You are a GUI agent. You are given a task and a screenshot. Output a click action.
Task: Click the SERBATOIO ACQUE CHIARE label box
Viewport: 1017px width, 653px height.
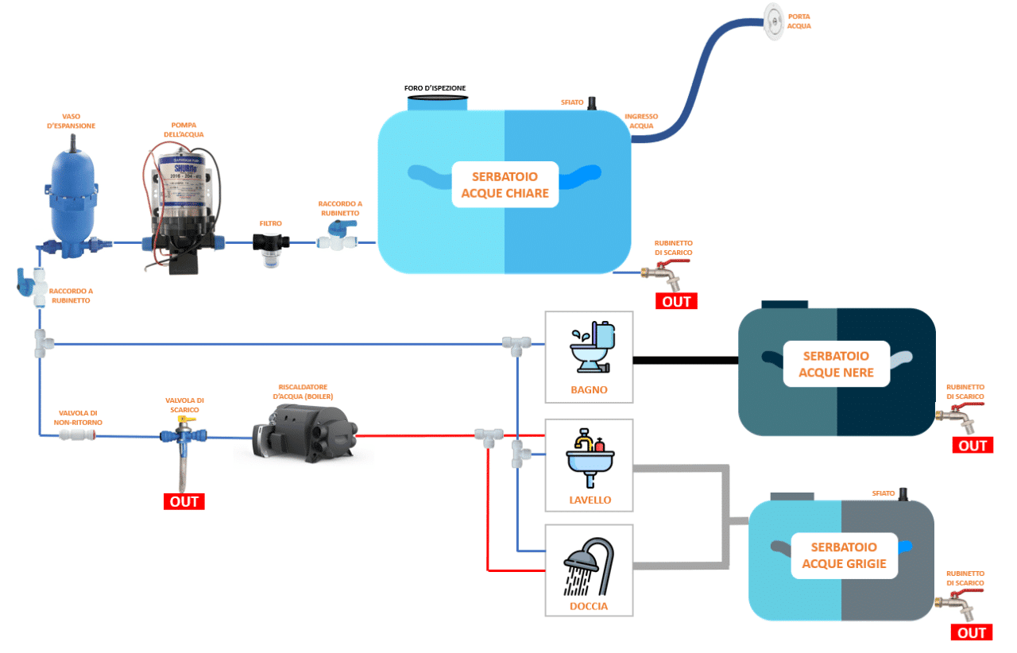[x=505, y=184]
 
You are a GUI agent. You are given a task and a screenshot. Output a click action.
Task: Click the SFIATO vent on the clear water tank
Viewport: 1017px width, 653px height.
[x=592, y=104]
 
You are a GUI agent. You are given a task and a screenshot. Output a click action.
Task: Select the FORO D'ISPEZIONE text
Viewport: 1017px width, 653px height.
[x=435, y=87]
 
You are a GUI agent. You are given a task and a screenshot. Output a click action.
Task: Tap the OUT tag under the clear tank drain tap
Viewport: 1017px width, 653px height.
[x=675, y=301]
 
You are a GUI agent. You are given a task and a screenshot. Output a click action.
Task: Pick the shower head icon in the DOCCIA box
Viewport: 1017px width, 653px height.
[x=589, y=566]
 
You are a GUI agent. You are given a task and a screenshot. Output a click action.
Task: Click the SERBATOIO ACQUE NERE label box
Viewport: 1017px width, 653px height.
[x=836, y=364]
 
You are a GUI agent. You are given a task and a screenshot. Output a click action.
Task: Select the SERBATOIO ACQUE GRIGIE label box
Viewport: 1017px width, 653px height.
[x=844, y=555]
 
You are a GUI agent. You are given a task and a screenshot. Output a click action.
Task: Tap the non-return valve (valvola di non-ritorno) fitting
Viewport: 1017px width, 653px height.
[x=77, y=435]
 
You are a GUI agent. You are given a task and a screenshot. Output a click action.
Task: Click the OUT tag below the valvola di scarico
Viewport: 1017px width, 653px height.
[x=184, y=501]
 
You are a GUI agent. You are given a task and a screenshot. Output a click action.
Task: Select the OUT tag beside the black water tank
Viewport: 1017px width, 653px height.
[x=972, y=446]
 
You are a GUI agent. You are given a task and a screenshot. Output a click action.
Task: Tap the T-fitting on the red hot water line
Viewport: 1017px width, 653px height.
[x=488, y=435]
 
